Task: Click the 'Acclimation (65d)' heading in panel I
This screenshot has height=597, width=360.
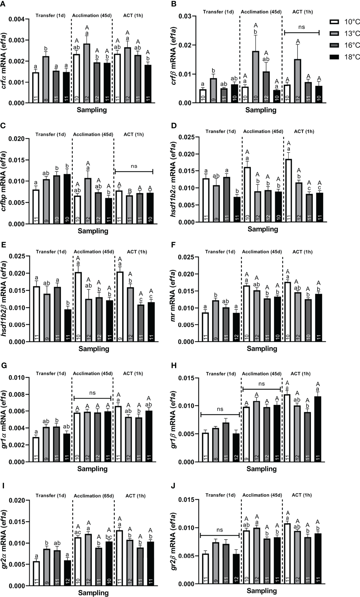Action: [94, 496]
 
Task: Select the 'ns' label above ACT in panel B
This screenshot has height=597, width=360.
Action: [302, 27]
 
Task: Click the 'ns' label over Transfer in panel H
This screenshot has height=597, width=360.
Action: [220, 409]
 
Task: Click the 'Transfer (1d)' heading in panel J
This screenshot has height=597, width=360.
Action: [220, 495]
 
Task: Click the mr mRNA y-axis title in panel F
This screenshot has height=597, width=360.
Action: [173, 299]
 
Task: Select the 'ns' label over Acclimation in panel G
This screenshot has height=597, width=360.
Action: [92, 393]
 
